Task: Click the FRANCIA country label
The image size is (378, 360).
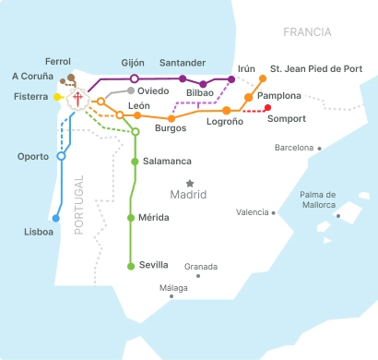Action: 307,32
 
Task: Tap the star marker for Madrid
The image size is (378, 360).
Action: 190,183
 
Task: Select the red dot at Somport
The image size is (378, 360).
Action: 267,108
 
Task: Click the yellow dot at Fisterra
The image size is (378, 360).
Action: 57,96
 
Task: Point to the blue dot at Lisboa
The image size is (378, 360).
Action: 56,219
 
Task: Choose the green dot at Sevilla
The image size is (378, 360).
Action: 130,266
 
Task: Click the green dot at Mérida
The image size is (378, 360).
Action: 130,217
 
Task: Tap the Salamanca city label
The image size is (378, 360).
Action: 167,162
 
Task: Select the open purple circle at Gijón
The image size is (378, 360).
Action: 135,78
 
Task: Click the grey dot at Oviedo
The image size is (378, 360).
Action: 131,90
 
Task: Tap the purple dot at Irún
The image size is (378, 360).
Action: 230,79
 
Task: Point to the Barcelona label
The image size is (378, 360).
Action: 294,148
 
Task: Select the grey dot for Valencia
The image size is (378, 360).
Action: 274,212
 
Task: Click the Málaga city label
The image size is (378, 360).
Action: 172,288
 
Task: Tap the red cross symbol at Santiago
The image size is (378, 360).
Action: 78,99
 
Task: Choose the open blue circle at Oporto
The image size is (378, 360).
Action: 61,156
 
